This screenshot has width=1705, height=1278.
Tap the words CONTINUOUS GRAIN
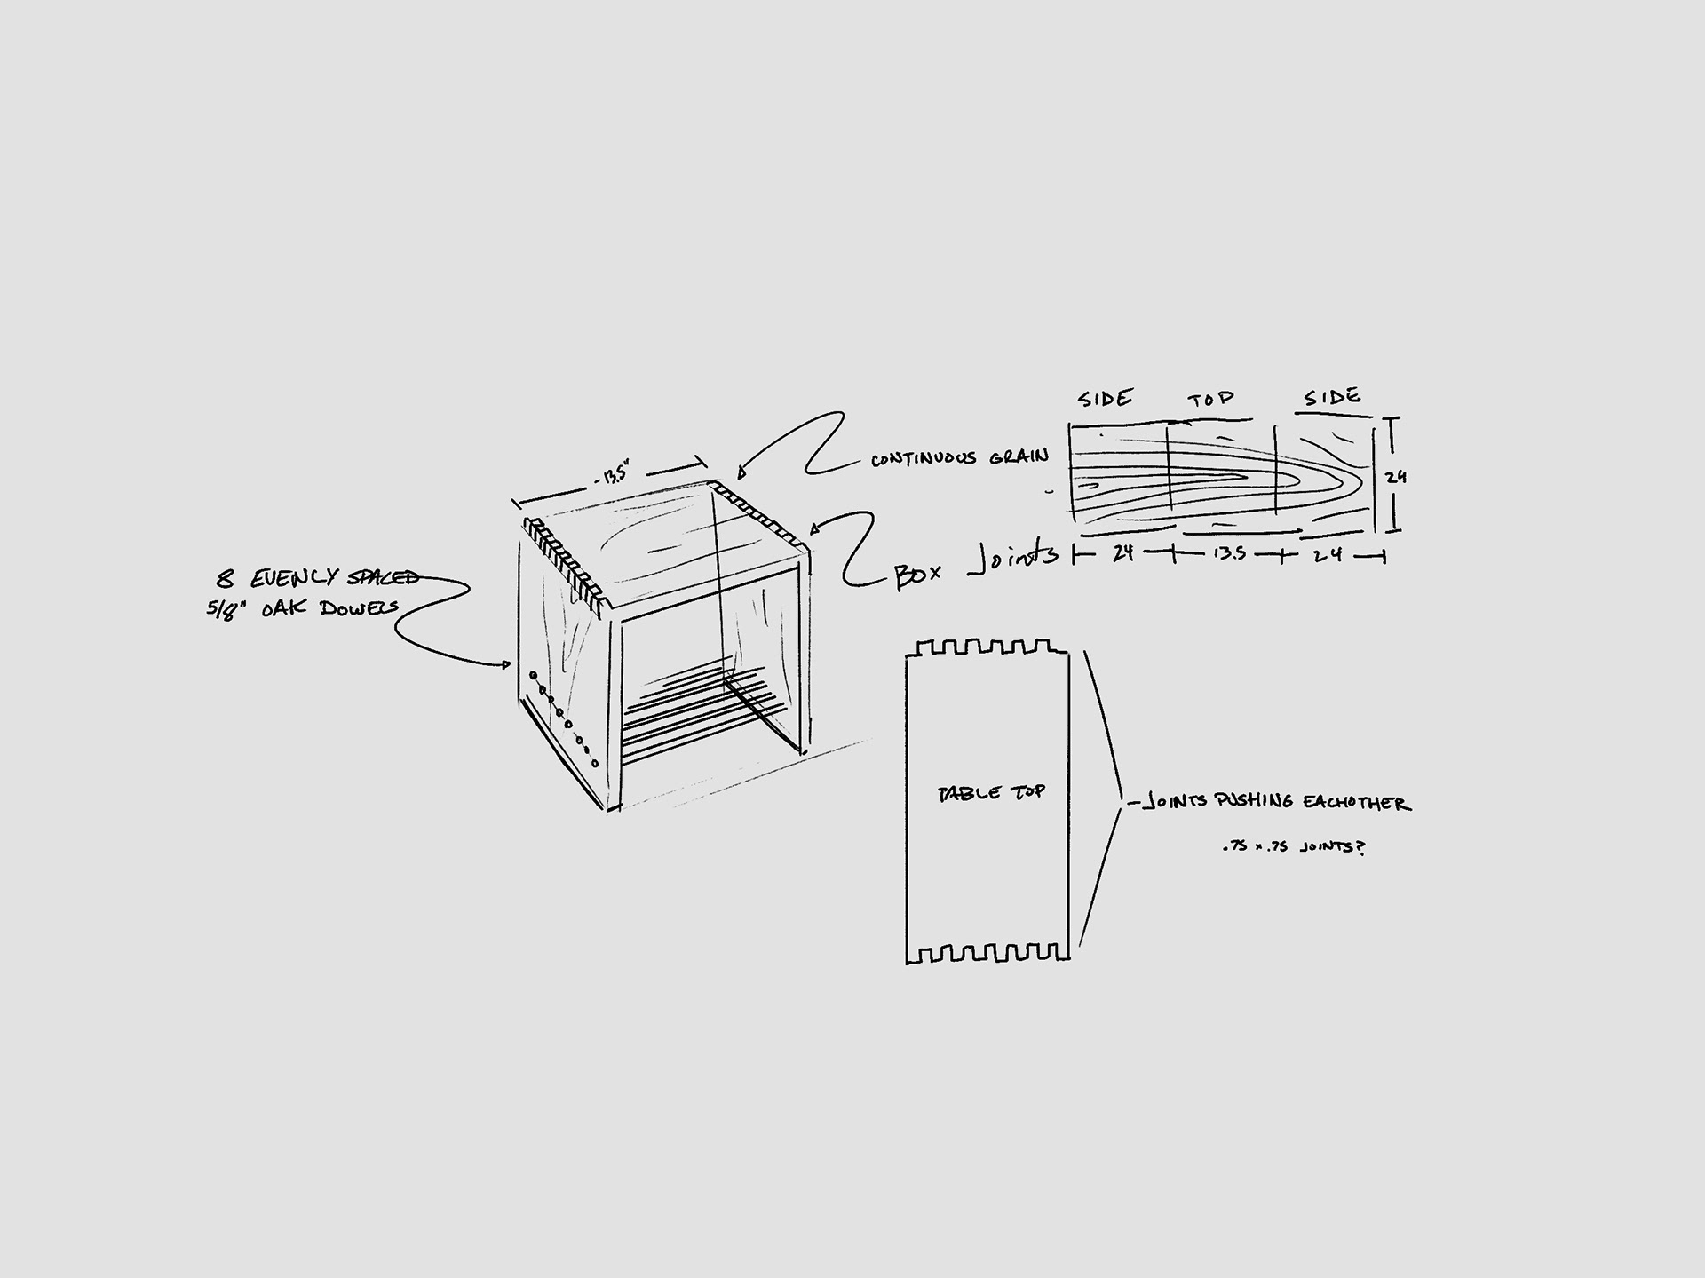(959, 458)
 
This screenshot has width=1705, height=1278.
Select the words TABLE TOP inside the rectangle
(991, 792)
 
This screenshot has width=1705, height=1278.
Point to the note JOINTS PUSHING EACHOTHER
(1274, 802)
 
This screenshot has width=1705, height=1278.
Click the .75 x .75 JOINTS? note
(1293, 847)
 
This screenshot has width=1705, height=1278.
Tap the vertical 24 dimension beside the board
(1396, 477)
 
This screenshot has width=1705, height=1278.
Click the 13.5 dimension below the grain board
(1229, 554)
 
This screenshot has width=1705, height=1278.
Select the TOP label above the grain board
(1212, 399)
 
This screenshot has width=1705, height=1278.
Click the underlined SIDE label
(1332, 397)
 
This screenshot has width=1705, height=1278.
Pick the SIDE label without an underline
(1106, 399)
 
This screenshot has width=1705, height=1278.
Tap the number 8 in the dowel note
(226, 580)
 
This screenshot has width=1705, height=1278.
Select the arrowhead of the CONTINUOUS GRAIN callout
(741, 473)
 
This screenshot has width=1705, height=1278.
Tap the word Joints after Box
(1013, 558)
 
